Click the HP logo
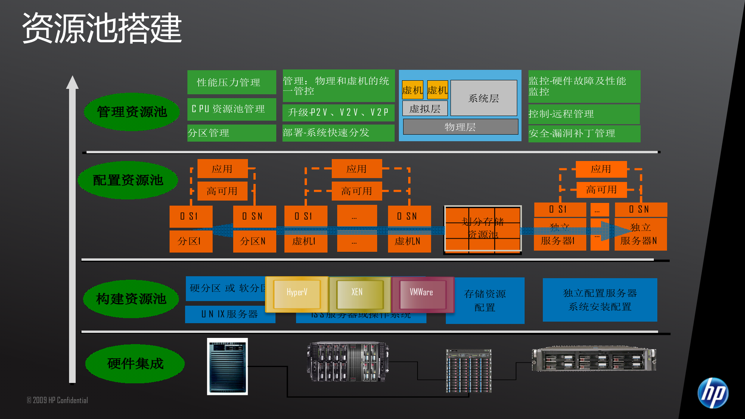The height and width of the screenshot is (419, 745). [713, 393]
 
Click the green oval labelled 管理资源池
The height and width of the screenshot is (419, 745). [132, 112]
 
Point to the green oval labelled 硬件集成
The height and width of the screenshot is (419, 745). [135, 364]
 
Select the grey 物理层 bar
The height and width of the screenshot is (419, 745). [460, 127]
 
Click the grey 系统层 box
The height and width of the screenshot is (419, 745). [483, 98]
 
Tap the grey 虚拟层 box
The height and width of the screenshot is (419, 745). [425, 109]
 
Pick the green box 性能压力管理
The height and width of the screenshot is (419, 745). [232, 82]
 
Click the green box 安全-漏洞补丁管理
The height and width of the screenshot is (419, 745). [584, 133]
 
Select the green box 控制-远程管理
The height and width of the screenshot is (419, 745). [584, 114]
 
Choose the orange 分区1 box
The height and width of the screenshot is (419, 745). [191, 241]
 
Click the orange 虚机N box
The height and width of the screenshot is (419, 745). [409, 241]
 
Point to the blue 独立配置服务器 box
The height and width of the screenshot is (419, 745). [600, 300]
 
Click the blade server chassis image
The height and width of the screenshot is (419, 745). [348, 362]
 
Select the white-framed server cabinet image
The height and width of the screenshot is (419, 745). [227, 367]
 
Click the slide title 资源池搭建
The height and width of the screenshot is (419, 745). [102, 28]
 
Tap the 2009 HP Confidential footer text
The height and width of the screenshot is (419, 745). [57, 400]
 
